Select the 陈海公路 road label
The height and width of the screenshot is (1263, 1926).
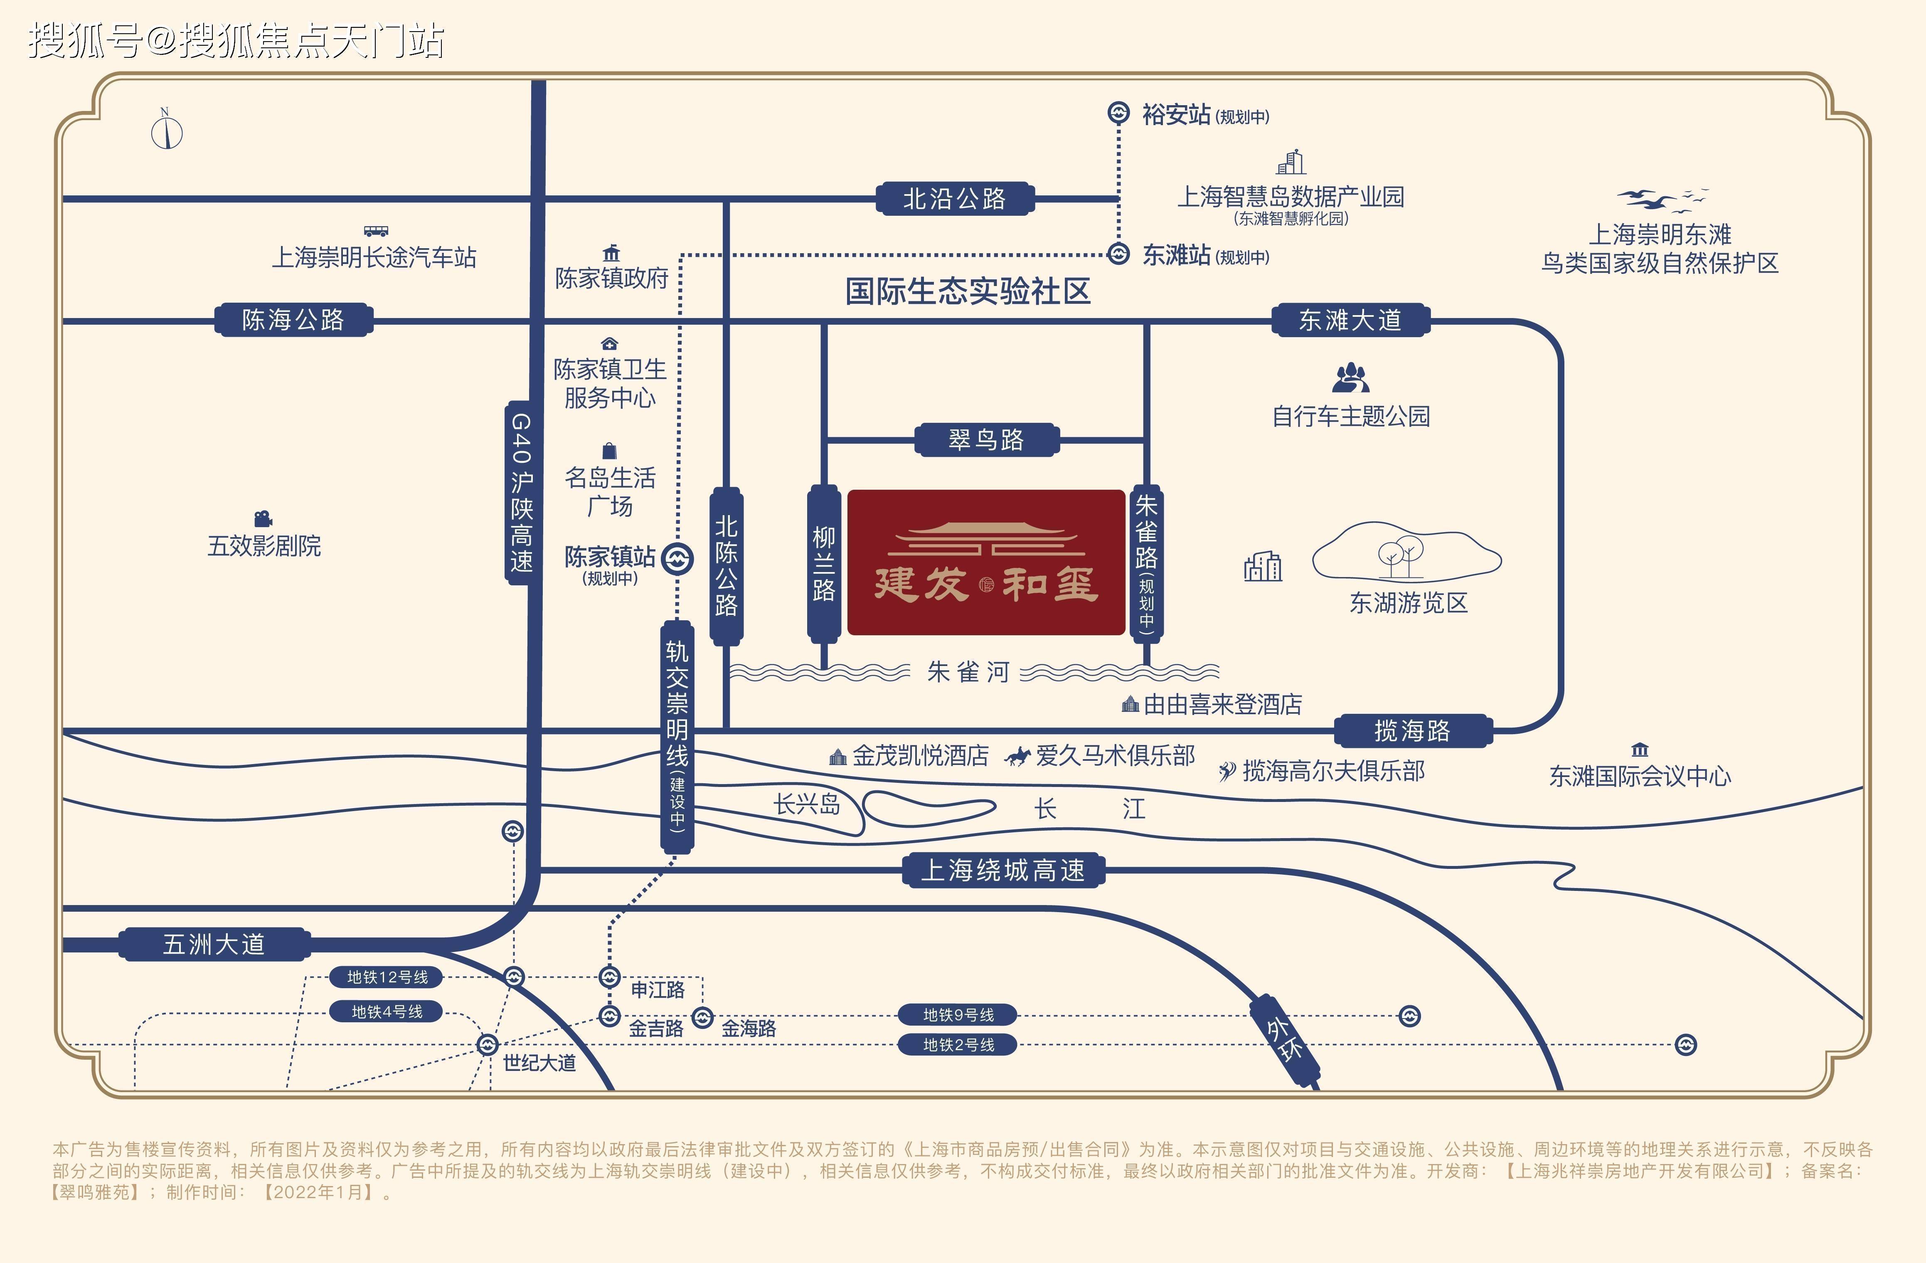click(x=293, y=320)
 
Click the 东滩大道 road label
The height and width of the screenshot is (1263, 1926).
click(x=1350, y=320)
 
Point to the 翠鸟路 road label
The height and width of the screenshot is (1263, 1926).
click(x=986, y=439)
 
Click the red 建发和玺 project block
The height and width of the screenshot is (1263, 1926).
click(x=986, y=562)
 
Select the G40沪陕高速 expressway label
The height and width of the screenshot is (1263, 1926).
click(x=521, y=492)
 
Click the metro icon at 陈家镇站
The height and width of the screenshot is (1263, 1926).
click(x=677, y=559)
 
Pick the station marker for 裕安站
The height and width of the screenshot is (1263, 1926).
click(x=1118, y=113)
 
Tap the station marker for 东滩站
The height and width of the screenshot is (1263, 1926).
click(x=1118, y=254)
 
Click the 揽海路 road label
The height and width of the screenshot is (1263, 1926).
click(x=1412, y=730)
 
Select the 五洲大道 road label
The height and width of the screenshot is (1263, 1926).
click(x=214, y=944)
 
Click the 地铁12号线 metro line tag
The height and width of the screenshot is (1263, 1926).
click(x=387, y=977)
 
